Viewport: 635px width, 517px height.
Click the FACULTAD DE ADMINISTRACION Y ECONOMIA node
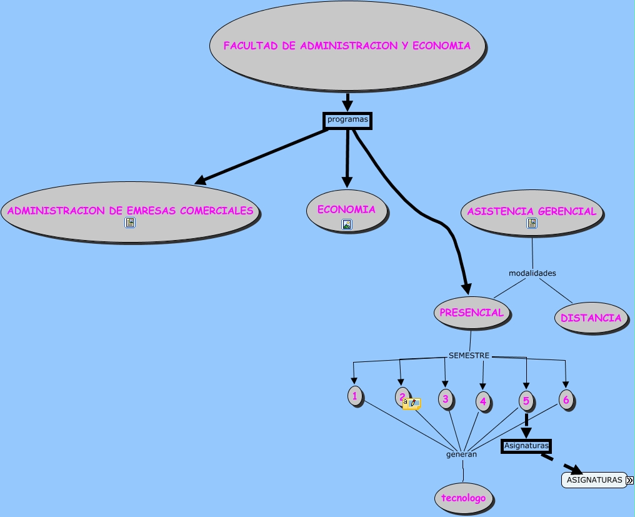(347, 46)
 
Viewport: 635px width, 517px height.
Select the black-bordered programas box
(347, 120)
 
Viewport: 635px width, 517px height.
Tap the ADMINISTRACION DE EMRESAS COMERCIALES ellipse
(130, 211)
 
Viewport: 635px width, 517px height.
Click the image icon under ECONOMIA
(347, 224)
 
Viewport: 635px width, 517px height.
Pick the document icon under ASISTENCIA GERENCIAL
(532, 223)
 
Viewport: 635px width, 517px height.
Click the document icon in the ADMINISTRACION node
(130, 223)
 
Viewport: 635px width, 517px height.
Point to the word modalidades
(532, 273)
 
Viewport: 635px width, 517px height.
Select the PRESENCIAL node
(471, 313)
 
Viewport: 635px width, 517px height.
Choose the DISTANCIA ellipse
(591, 318)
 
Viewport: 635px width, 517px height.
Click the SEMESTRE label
(469, 356)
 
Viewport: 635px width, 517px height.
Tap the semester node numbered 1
(354, 396)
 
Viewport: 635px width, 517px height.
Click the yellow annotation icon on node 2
(411, 404)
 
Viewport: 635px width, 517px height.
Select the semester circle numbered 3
(445, 399)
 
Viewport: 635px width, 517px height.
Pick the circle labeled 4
(482, 401)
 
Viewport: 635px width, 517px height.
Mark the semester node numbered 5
(526, 401)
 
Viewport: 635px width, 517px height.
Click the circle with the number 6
(566, 399)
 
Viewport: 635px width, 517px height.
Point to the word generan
(461, 454)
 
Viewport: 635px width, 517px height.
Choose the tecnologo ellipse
(463, 498)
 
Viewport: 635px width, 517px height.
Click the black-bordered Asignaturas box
(526, 446)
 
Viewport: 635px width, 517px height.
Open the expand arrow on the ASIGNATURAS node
(629, 480)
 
